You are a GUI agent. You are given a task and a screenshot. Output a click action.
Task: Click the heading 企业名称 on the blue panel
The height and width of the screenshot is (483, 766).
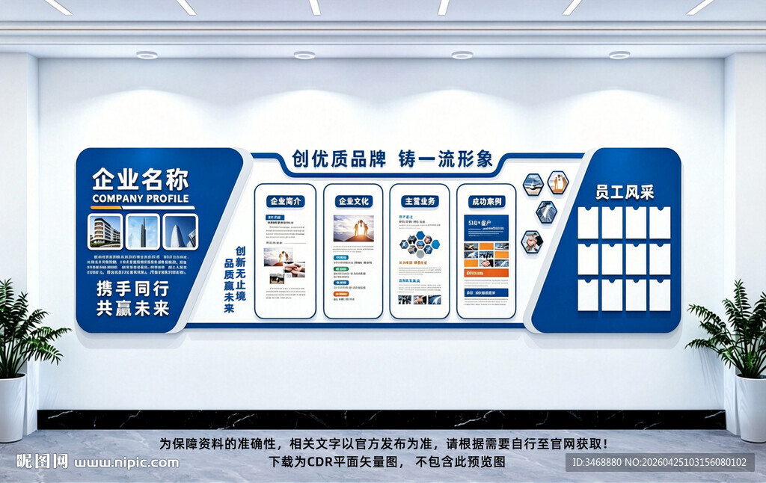tap(140, 179)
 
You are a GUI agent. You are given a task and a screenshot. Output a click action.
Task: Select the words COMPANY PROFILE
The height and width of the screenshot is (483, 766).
tap(140, 198)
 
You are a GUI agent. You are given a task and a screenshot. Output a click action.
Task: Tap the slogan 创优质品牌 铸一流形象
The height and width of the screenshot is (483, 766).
tap(392, 159)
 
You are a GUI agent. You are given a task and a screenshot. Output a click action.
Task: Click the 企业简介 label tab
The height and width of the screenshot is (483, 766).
tap(285, 201)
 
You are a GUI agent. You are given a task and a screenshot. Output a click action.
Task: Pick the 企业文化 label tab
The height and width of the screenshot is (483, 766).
tap(353, 201)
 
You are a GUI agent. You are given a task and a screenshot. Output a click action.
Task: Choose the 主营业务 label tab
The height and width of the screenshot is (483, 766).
tap(420, 201)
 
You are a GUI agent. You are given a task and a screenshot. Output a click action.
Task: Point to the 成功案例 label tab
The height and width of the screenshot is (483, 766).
tap(486, 201)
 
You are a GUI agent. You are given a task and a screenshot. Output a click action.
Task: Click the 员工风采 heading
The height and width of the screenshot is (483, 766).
tap(625, 192)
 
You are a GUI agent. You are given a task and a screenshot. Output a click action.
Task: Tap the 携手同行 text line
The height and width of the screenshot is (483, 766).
tap(132, 288)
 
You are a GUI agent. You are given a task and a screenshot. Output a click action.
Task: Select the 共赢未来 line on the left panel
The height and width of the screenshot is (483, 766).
tap(132, 307)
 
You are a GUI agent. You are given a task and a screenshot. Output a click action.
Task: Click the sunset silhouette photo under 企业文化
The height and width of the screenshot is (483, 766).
tap(353, 229)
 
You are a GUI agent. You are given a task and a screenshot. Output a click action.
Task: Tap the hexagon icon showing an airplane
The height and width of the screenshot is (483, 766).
tap(533, 184)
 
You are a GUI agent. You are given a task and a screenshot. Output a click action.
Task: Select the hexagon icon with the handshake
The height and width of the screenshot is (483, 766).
tap(531, 241)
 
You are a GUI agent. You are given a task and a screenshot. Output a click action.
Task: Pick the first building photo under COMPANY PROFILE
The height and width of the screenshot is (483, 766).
tap(105, 232)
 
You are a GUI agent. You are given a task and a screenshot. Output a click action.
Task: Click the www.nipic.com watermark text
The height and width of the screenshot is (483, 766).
tap(126, 462)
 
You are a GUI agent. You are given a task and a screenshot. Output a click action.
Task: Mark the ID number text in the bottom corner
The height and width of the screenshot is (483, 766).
tap(658, 462)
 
